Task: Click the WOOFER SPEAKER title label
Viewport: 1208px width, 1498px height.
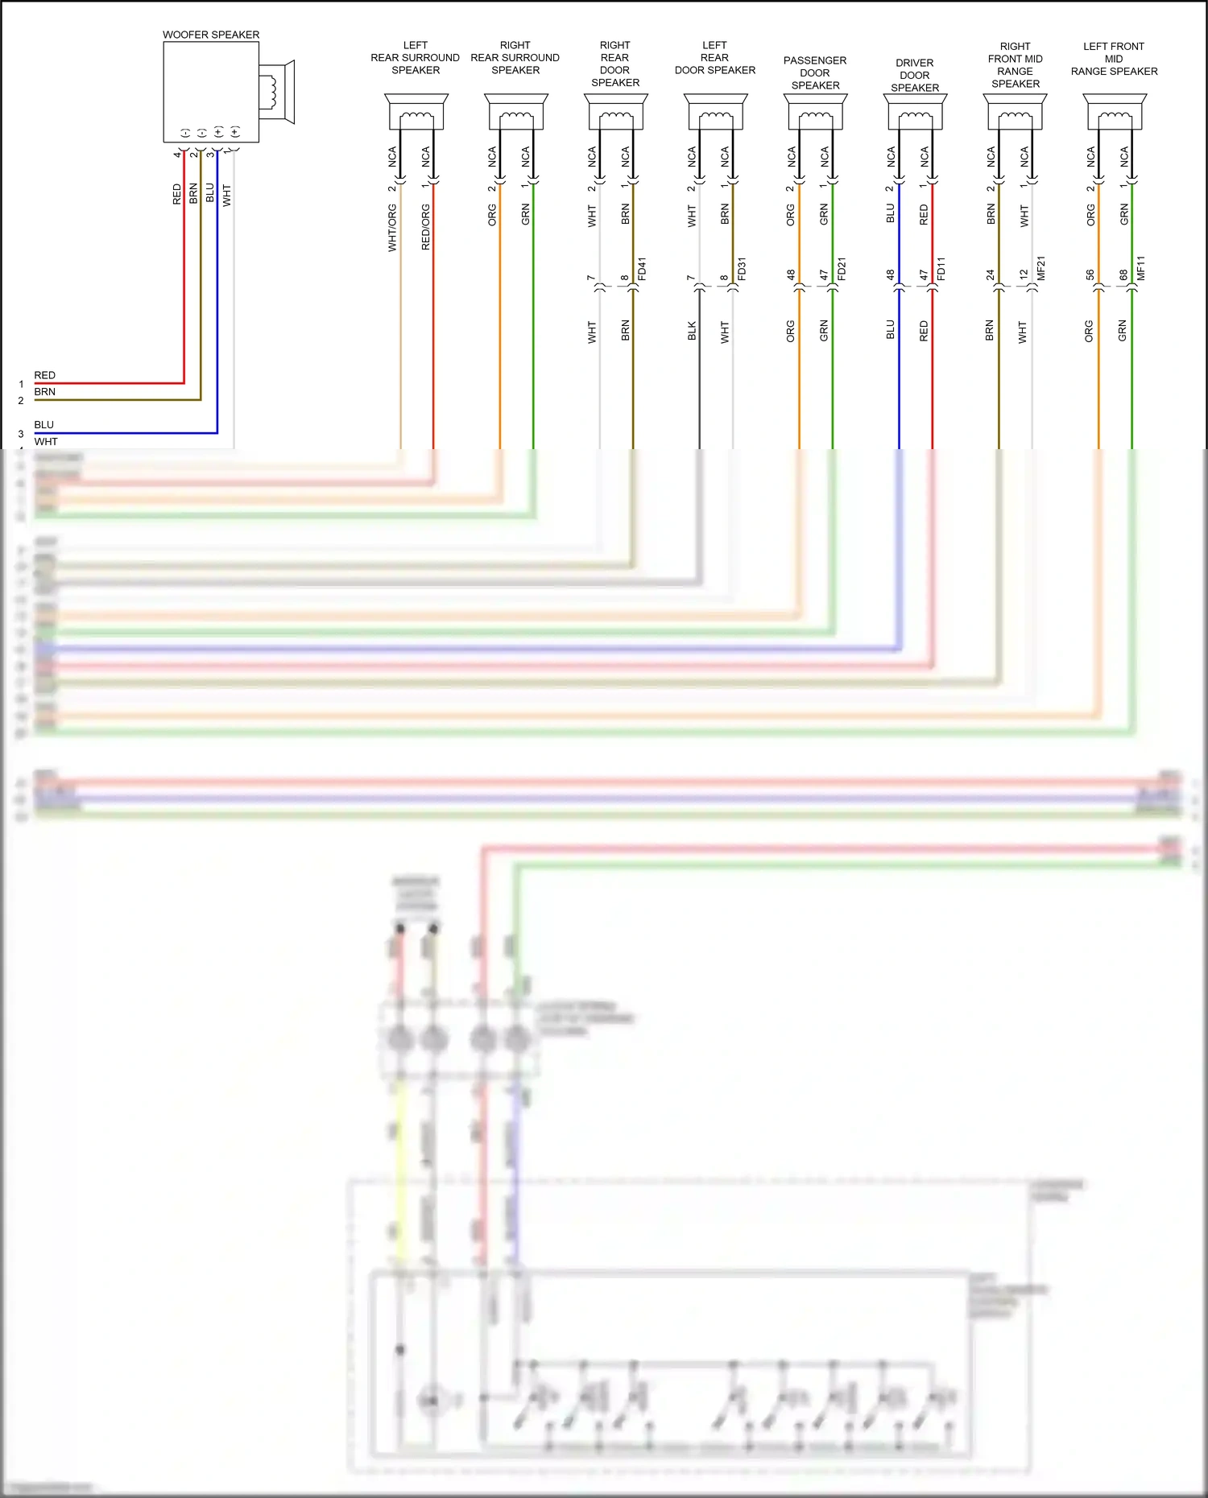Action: (211, 35)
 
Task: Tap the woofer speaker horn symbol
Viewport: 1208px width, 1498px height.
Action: (277, 91)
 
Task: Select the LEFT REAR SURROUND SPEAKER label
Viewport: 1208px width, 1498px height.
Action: (416, 58)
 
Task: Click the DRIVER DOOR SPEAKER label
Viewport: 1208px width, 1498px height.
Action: (915, 75)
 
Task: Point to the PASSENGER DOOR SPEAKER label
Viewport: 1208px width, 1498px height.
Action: (815, 72)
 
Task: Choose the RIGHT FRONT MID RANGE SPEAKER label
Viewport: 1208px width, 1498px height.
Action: (1016, 65)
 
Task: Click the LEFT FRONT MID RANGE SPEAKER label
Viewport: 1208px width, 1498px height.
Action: (1114, 59)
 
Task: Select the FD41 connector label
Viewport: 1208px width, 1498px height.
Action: (642, 269)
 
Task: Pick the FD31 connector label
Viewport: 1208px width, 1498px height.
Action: (742, 269)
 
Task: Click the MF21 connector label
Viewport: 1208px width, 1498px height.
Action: (1040, 268)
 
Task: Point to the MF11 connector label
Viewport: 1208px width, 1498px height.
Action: (1140, 268)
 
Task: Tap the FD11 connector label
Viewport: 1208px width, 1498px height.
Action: (941, 269)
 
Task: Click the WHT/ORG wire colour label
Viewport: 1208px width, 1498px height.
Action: (392, 228)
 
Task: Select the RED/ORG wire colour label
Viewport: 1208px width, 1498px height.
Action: (426, 227)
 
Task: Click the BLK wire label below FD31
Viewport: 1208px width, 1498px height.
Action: (692, 331)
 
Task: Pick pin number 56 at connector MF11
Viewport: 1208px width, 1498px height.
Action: (1090, 274)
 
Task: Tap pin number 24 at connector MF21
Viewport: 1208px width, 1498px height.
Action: (990, 274)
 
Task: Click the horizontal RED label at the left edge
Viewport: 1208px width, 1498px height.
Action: (45, 375)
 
